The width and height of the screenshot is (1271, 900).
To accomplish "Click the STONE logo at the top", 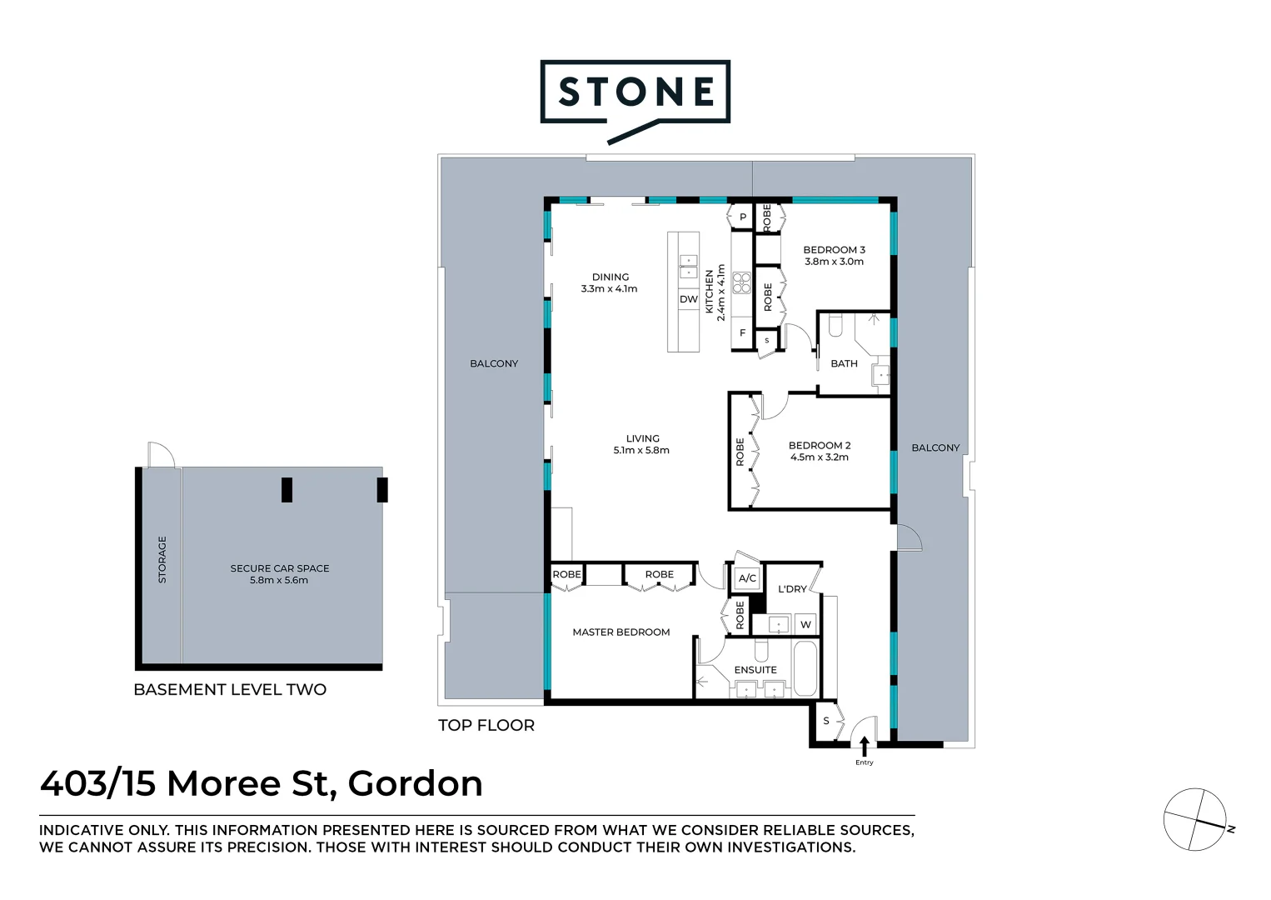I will click(635, 92).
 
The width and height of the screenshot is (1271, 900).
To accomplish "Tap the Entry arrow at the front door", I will click(865, 745).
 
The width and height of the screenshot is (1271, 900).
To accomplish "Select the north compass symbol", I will click(1195, 819).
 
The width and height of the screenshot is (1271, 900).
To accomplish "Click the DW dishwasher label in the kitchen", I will click(689, 299).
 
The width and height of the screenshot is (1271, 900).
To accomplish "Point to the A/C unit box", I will click(747, 578).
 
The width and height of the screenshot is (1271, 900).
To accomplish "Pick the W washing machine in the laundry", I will click(805, 624).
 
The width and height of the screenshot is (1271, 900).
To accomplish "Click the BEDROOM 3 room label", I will click(834, 250).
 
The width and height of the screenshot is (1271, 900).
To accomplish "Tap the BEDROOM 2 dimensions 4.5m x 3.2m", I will click(820, 457).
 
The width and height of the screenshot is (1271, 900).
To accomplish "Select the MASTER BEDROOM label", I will click(621, 632).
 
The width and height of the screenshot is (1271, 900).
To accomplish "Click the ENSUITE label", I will click(755, 670).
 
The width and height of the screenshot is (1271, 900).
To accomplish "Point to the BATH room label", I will click(844, 364).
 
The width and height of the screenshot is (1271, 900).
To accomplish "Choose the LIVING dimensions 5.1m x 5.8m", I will click(641, 451).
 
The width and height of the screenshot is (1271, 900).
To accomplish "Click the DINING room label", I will click(611, 277).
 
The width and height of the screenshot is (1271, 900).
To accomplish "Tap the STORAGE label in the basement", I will click(162, 559).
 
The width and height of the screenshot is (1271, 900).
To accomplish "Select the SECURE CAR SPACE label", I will click(280, 568).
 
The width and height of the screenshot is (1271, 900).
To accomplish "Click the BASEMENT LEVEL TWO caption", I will click(230, 690).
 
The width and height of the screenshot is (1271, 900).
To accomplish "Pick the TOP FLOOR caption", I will click(486, 726).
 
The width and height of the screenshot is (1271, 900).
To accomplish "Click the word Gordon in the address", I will click(415, 784).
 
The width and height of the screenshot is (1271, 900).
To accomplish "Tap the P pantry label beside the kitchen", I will click(743, 217).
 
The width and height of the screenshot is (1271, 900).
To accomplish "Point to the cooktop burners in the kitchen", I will click(741, 283).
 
